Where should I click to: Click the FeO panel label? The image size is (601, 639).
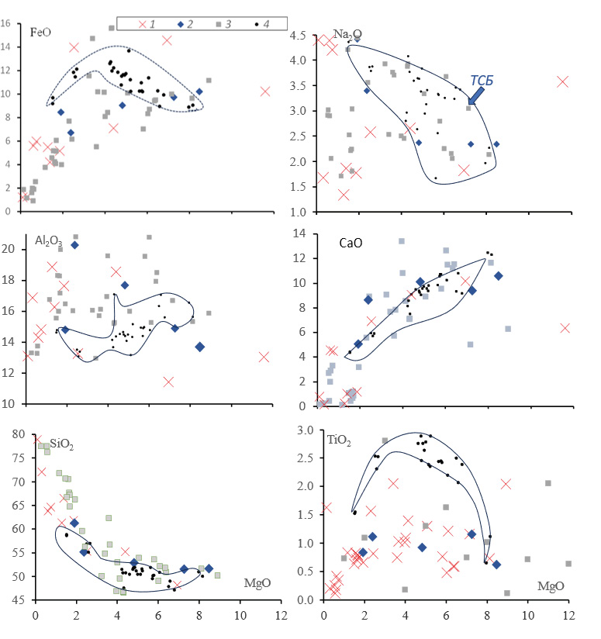click(x=41, y=33)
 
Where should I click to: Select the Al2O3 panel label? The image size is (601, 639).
click(x=47, y=241)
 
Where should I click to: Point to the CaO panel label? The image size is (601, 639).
click(x=348, y=242)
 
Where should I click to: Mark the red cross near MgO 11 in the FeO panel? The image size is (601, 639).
click(x=265, y=92)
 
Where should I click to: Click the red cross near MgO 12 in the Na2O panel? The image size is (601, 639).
click(x=562, y=81)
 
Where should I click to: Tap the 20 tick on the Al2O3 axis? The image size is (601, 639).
click(x=19, y=249)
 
